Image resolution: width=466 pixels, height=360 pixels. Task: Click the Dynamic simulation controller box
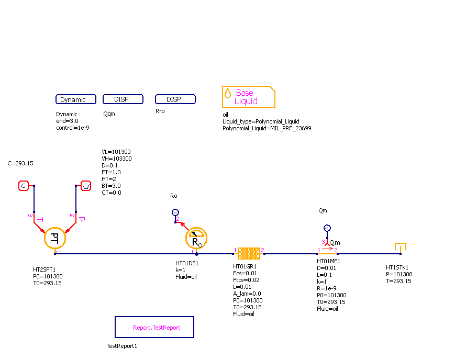(76, 99)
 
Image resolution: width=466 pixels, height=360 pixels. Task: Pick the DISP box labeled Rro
(175, 99)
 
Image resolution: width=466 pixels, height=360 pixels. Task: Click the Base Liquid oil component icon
(248, 97)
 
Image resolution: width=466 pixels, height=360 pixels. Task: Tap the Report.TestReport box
(154, 327)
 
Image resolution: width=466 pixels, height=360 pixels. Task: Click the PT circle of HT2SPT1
(55, 239)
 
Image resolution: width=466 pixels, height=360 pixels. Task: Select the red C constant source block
(24, 185)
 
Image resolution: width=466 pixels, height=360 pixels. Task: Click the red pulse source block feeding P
(86, 185)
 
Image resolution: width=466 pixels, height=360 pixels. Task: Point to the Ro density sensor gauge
(196, 239)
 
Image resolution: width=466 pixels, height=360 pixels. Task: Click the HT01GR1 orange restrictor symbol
(249, 253)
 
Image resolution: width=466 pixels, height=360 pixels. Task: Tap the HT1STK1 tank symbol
(401, 247)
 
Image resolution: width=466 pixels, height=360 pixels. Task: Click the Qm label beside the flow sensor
(335, 243)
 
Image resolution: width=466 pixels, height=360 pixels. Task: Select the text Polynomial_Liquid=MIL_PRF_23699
(267, 128)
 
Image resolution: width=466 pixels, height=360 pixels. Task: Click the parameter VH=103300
(116, 159)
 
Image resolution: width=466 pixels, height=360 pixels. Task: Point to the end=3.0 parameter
(67, 121)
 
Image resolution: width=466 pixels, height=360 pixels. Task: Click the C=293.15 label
(20, 163)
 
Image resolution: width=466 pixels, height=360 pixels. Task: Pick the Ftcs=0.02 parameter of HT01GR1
(245, 280)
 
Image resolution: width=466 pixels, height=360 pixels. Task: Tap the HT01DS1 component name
(187, 263)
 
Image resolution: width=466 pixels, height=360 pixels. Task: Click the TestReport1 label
(121, 346)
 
